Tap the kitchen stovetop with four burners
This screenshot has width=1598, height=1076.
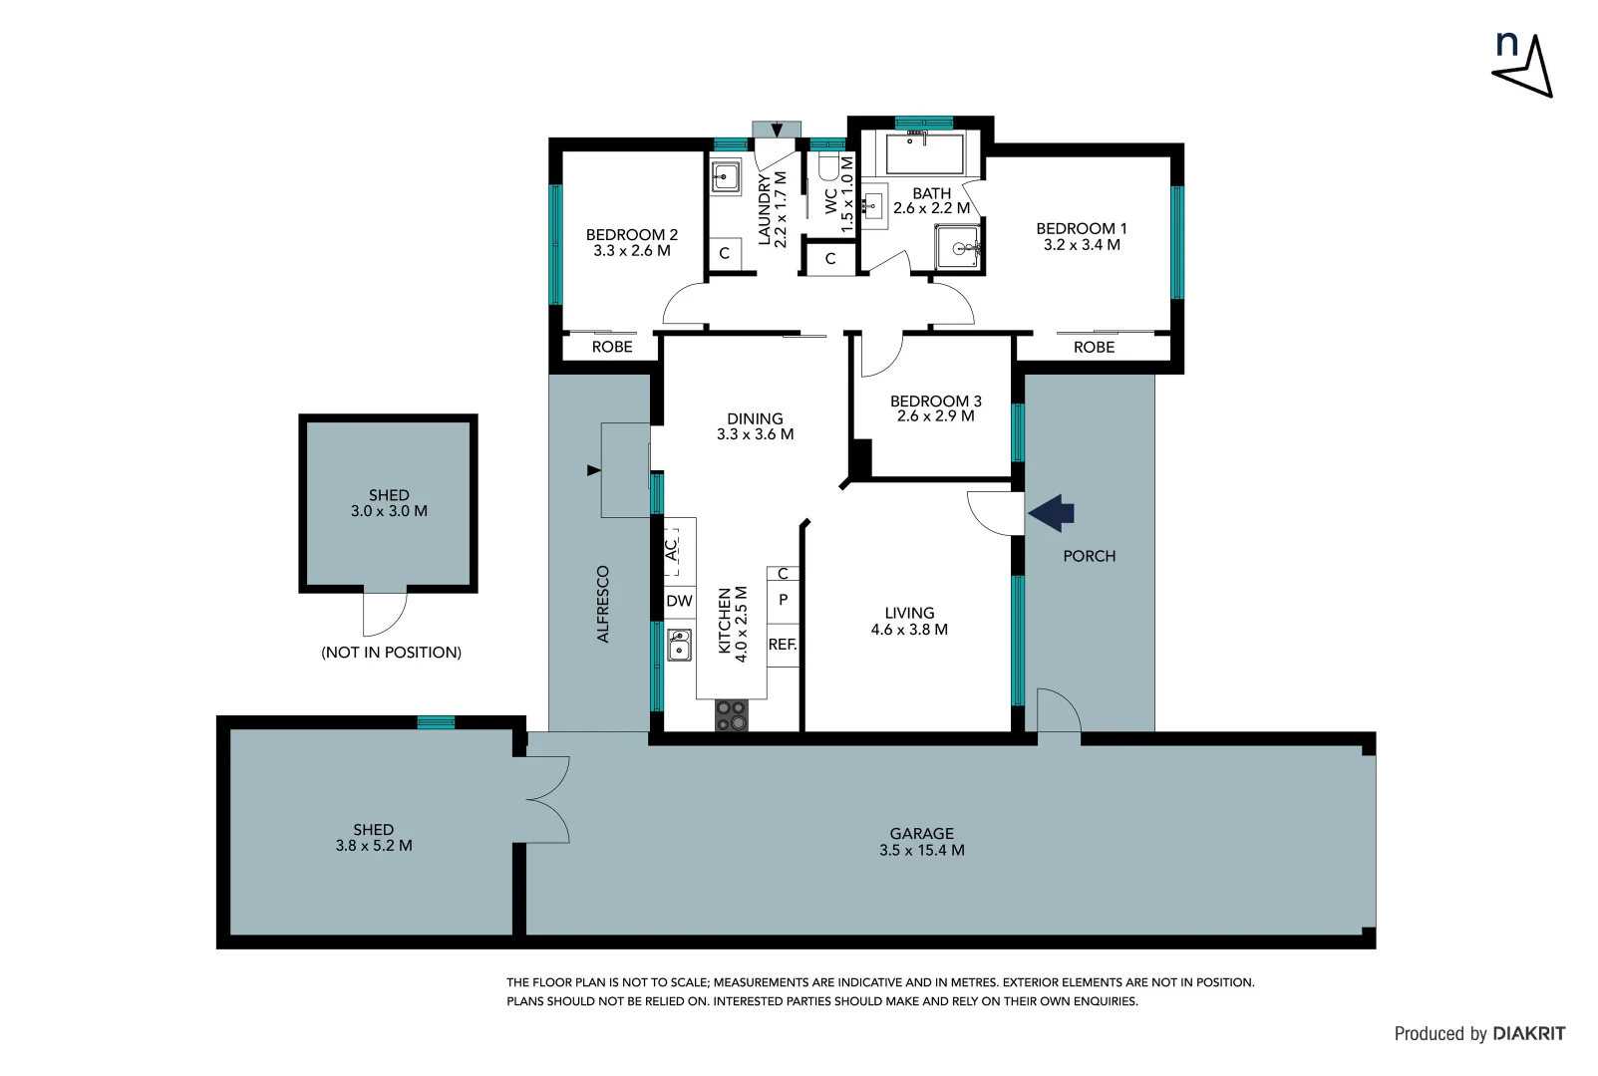click(x=731, y=714)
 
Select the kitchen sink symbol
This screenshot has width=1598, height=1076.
click(x=680, y=645)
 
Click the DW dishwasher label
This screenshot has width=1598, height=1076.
click(x=679, y=601)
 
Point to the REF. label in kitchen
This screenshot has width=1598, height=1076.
click(x=783, y=645)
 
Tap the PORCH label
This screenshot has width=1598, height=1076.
click(x=1089, y=556)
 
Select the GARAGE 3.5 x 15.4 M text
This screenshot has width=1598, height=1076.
click(x=921, y=842)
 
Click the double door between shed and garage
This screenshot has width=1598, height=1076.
click(x=545, y=800)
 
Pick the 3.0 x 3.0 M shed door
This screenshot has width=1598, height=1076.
click(x=384, y=612)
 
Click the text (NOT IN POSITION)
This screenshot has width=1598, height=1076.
click(x=391, y=653)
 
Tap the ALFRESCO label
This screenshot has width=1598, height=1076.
click(x=602, y=604)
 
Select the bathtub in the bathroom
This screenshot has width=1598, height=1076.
click(x=925, y=153)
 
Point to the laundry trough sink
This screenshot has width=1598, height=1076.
click(x=725, y=177)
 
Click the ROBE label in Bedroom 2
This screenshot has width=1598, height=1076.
click(x=612, y=347)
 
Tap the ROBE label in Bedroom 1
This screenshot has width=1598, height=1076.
click(x=1094, y=347)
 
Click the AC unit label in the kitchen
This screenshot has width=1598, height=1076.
click(x=672, y=549)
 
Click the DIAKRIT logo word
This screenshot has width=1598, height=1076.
click(x=1528, y=1034)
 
